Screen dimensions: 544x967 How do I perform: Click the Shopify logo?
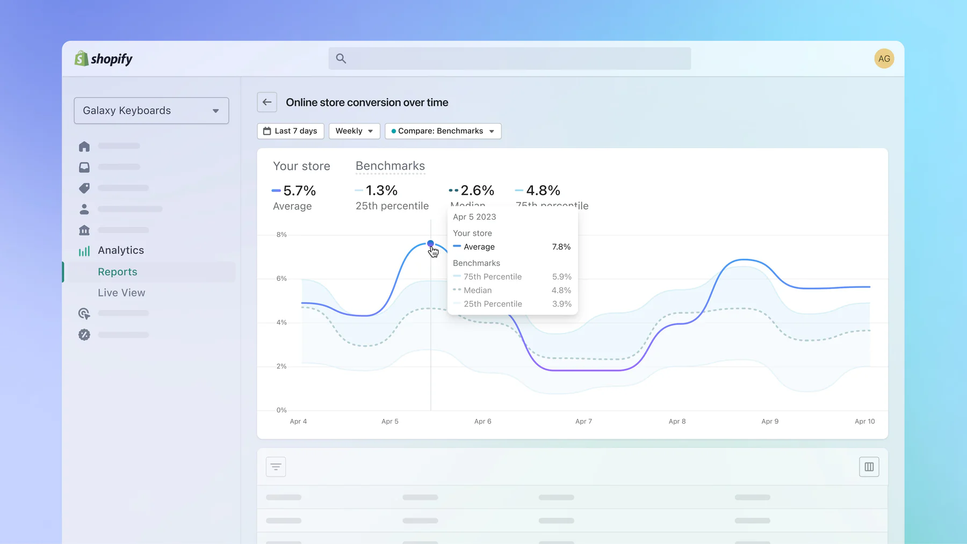tap(104, 59)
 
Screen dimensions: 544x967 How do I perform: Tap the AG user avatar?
tap(884, 59)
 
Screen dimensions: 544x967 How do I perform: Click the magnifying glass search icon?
tap(341, 59)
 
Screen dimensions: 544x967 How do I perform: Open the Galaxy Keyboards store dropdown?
tap(151, 111)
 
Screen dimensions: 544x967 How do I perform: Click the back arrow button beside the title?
tap(267, 103)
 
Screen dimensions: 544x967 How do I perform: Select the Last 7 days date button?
tap(291, 131)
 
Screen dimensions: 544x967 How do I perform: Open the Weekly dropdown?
tap(354, 131)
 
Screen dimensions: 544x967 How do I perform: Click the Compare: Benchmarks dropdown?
tap(443, 131)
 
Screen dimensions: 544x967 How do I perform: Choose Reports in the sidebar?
tap(118, 272)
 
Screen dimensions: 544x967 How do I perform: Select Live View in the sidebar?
tap(121, 293)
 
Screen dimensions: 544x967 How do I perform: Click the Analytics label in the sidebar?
tap(121, 250)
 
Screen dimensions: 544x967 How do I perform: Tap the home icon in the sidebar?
tap(84, 147)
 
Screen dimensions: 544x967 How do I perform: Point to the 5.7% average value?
tap(299, 191)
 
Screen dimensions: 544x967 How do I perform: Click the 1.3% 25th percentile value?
tap(381, 191)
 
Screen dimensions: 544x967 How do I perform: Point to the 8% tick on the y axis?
tap(282, 235)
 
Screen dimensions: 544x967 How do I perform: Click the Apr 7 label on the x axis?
tap(583, 422)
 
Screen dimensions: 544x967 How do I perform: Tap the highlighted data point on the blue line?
tap(430, 244)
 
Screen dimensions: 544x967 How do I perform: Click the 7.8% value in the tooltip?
tap(561, 247)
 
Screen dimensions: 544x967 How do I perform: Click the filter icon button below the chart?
tap(276, 467)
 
